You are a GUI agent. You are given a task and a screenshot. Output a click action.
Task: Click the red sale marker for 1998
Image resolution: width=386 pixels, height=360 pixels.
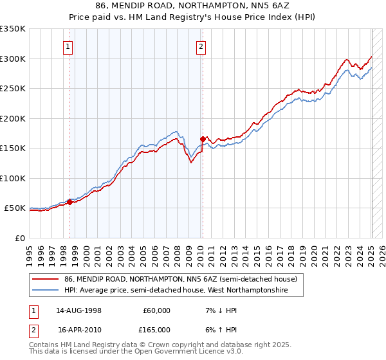point(70,202)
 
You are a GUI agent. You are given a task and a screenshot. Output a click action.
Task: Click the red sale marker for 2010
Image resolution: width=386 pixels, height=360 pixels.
point(203,139)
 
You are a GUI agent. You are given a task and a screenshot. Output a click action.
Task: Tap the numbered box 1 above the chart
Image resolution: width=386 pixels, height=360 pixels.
point(68,46)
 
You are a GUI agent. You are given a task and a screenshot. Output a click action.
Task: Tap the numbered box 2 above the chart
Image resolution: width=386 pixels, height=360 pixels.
point(201,46)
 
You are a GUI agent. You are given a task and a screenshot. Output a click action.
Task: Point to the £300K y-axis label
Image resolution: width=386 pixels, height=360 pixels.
point(13,59)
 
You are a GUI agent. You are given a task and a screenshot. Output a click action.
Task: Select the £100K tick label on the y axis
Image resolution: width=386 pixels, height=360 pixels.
point(13,178)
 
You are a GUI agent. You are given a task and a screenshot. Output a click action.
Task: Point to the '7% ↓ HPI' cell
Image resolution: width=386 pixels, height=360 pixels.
point(220,310)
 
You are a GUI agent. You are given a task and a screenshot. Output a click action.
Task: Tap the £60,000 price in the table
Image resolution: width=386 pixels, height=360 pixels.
point(157,310)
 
